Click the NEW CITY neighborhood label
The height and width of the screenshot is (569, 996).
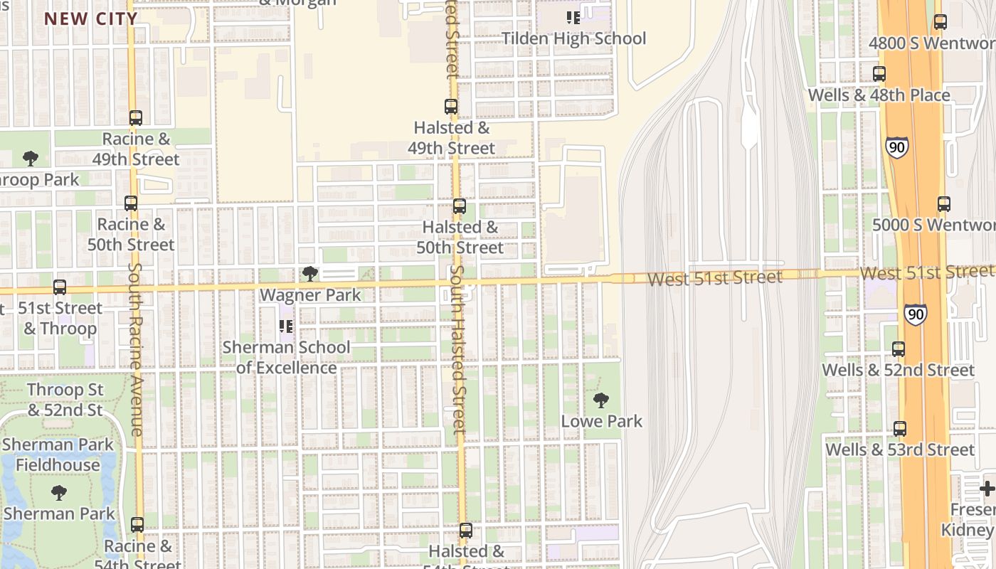point(90,18)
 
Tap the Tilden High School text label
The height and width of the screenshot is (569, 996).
point(573,38)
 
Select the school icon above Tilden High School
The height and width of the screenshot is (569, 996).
point(573,17)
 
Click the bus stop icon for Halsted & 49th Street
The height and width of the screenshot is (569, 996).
point(451,107)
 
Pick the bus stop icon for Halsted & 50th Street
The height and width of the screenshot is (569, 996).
point(460,206)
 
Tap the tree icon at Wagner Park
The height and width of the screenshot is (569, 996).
point(309,274)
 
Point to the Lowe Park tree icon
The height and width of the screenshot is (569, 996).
point(601,400)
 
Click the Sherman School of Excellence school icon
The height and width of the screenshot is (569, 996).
point(286,326)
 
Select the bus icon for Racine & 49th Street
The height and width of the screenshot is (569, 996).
point(136,118)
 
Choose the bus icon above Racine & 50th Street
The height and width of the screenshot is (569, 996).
point(131,203)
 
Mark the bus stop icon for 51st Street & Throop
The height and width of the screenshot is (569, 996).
point(60,287)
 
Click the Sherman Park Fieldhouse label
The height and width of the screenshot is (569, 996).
point(58,455)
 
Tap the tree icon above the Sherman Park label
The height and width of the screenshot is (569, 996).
point(59,492)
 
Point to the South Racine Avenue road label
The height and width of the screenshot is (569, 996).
point(136,349)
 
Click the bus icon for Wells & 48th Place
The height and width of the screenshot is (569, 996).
point(879,74)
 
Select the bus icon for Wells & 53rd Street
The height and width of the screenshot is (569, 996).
point(900,429)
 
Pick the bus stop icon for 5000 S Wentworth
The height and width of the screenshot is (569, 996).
point(944,204)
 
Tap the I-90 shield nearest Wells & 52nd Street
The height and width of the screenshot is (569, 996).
point(916,314)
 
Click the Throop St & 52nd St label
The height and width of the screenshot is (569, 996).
point(65,400)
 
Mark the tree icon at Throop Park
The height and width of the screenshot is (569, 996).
point(30,158)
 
